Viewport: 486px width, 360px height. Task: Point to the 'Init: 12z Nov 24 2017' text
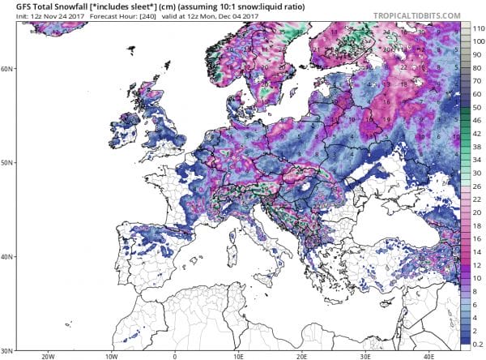click(x=37, y=16)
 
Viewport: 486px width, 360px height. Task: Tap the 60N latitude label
click(x=6, y=68)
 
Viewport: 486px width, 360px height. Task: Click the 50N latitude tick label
click(x=6, y=163)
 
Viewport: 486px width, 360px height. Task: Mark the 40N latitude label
click(x=6, y=256)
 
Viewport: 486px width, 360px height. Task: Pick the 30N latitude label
click(x=6, y=349)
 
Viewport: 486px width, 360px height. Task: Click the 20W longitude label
click(x=46, y=356)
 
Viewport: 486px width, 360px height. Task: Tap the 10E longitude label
click(x=238, y=356)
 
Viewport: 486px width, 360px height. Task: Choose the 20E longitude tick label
click(x=302, y=356)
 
